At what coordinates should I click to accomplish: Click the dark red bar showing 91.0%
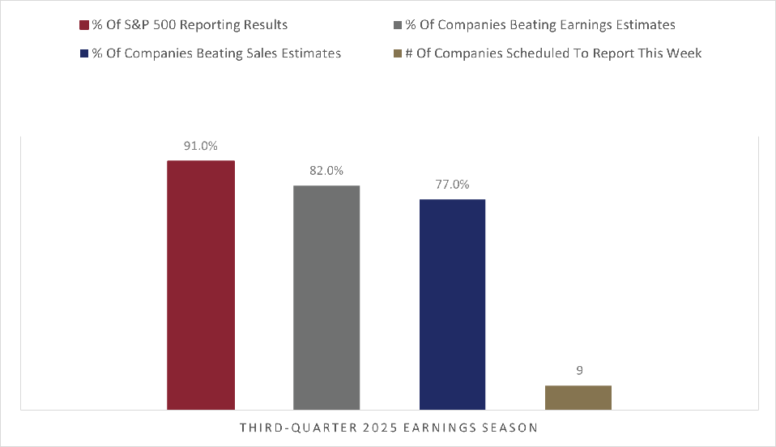(201, 285)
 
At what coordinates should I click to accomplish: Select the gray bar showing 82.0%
(326, 297)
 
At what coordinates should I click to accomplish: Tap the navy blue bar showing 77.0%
(452, 304)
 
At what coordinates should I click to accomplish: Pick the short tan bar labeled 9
(578, 398)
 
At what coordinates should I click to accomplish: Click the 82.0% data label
(326, 171)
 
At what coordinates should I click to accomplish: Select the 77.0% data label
(452, 185)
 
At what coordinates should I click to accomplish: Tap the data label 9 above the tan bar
(578, 371)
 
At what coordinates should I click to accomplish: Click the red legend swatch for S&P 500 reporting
(83, 26)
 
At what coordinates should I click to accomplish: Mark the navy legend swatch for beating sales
(83, 53)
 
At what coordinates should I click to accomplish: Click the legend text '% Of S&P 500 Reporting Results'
(190, 26)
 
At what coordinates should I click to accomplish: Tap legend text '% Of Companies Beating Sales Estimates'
(215, 53)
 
